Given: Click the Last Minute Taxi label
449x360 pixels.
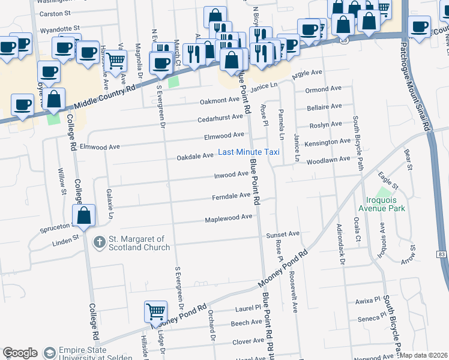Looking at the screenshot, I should (x=249, y=152).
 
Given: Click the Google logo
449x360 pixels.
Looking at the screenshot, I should (x=20, y=353).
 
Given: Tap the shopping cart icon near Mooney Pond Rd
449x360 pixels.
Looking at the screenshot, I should (x=155, y=311).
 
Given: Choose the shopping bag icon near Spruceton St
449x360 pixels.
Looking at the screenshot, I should (x=84, y=215).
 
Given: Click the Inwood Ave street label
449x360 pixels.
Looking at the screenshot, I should (x=232, y=175).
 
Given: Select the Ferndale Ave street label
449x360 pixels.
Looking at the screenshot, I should (x=231, y=196).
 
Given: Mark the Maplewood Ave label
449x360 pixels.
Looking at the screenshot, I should (x=229, y=217).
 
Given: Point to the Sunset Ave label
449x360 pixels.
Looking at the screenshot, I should (x=283, y=234).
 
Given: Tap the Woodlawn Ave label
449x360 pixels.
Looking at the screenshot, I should (x=328, y=160).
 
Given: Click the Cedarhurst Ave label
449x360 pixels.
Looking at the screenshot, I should (x=220, y=119).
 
